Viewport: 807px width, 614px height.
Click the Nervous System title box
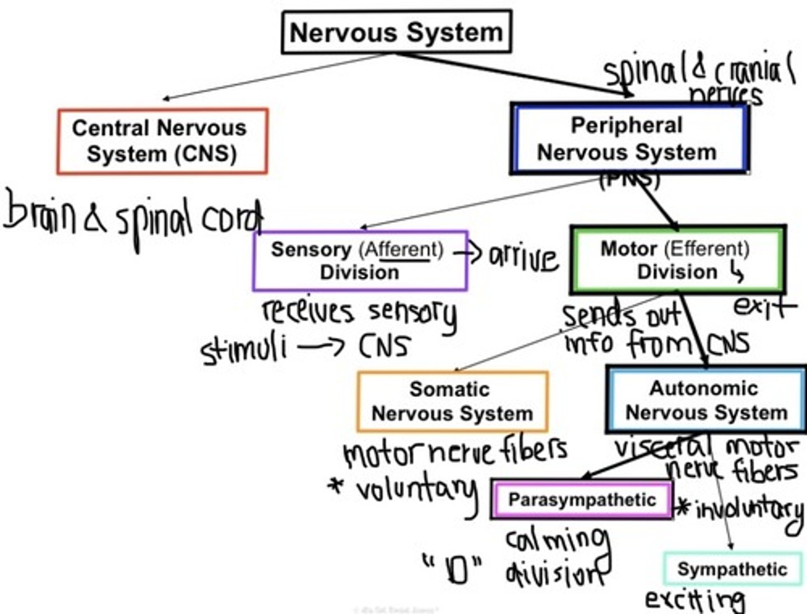[x=396, y=32]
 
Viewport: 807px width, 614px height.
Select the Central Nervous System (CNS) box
[x=162, y=141]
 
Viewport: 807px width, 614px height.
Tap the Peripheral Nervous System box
[x=629, y=138]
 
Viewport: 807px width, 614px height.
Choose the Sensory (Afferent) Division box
[x=360, y=261]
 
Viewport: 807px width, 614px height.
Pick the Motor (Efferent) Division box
[x=677, y=260]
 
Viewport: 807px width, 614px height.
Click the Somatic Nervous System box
[x=452, y=401]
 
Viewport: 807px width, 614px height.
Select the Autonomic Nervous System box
[x=706, y=400]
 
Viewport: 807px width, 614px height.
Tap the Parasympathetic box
[x=582, y=499]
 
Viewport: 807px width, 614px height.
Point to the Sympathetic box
[x=732, y=569]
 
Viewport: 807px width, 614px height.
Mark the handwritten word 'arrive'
[x=524, y=259]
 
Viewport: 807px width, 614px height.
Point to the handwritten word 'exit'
[x=764, y=306]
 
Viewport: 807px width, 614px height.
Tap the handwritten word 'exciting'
[x=695, y=600]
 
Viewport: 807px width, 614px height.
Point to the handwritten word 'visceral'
[x=661, y=448]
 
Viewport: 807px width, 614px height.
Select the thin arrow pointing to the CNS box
[x=275, y=77]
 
